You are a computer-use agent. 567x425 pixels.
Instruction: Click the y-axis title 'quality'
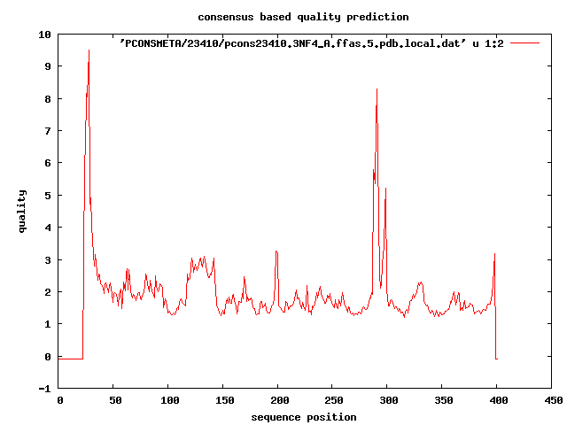[23, 211]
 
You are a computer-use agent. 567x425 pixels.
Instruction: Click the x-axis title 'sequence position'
[304, 417]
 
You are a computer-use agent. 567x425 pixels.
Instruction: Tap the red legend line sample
[524, 42]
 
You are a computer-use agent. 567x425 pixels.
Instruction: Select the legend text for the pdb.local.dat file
[311, 42]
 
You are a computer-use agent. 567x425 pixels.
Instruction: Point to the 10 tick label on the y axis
[44, 34]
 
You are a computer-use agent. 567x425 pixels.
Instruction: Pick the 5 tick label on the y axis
[47, 195]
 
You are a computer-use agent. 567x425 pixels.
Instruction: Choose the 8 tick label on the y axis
[47, 98]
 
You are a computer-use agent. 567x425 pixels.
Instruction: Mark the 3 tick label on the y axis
[47, 259]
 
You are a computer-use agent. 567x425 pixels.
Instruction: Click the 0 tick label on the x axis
[59, 400]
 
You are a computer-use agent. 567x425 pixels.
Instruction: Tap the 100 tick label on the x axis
[169, 400]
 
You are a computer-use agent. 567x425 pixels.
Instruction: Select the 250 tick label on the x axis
[333, 400]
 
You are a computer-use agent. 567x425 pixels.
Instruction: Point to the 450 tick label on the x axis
[552, 400]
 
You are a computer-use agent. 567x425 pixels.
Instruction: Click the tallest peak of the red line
[89, 50]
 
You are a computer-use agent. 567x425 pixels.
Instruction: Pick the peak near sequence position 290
[377, 89]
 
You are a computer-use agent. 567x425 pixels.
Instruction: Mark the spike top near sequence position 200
[276, 251]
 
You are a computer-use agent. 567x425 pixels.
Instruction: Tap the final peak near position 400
[494, 254]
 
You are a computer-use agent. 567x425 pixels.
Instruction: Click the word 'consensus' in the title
[226, 17]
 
